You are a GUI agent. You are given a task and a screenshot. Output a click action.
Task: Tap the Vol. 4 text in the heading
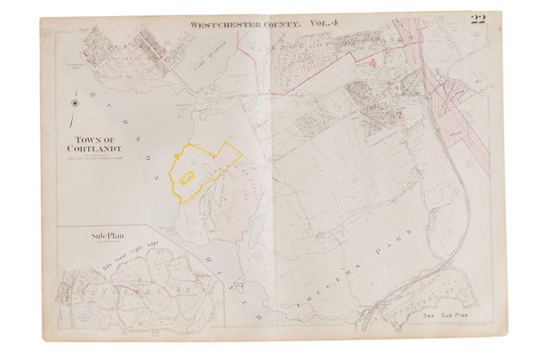click(328, 26)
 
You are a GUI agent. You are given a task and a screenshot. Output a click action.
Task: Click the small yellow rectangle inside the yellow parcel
click(187, 179)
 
